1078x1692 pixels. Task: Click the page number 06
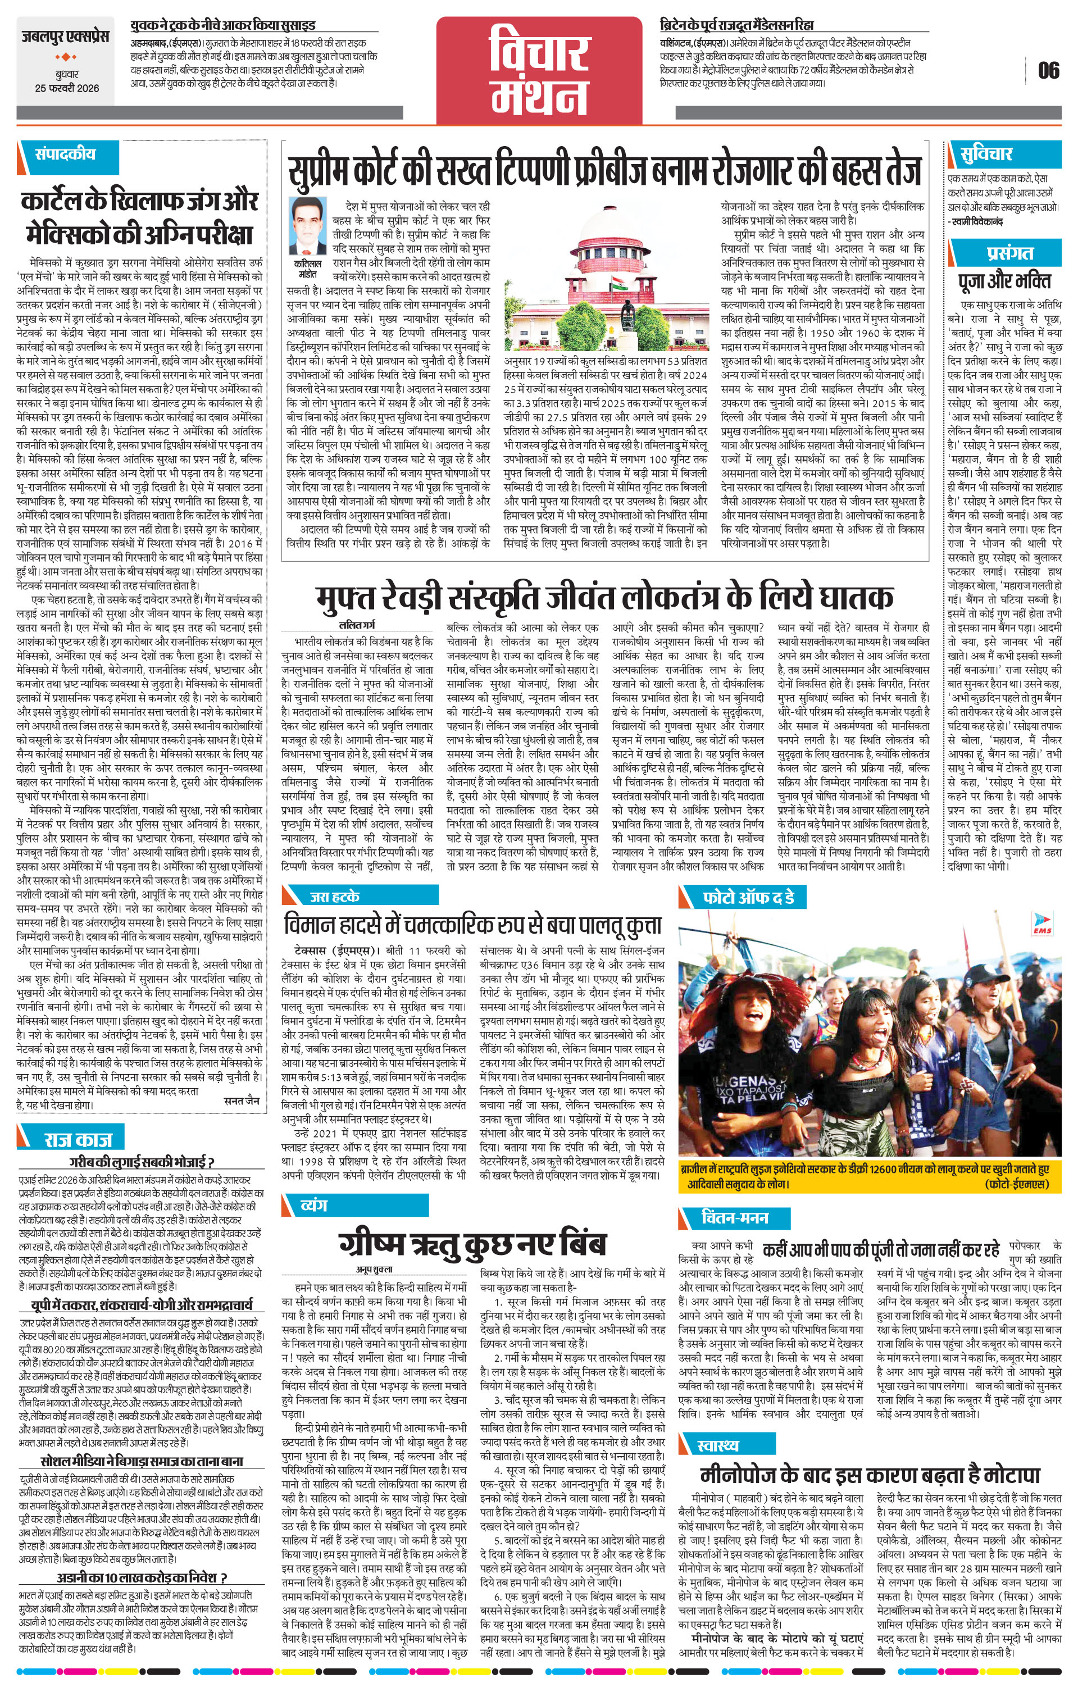coord(1048,71)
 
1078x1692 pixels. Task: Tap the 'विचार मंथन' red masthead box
coord(539,70)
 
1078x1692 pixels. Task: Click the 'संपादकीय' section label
coord(65,154)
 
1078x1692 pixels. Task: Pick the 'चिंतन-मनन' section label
coord(735,1217)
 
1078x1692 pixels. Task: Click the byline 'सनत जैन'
coord(243,1100)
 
